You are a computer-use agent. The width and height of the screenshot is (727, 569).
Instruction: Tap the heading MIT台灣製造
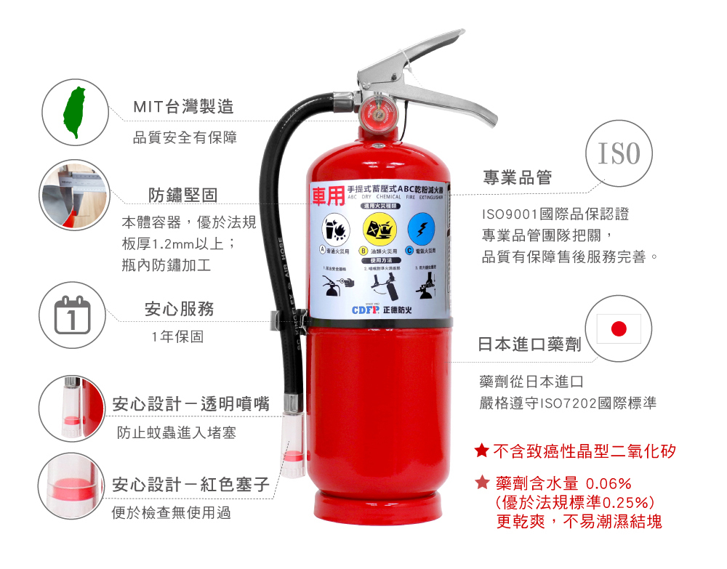183,107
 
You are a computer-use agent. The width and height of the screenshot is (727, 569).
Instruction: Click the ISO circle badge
619,154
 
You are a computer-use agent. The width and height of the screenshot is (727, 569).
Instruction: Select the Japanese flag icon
619,328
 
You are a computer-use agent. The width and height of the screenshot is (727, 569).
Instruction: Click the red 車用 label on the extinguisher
327,195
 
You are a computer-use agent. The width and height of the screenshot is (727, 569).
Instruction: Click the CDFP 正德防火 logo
382,310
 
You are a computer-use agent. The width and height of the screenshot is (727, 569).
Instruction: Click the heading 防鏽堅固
182,195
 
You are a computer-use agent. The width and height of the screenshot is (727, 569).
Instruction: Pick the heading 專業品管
518,177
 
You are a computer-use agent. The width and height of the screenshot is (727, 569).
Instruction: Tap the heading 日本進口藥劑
529,344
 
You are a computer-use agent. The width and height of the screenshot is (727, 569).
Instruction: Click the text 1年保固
177,336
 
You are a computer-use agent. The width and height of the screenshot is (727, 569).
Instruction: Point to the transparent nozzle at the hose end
293,444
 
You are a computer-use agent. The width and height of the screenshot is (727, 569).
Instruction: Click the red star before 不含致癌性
481,451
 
